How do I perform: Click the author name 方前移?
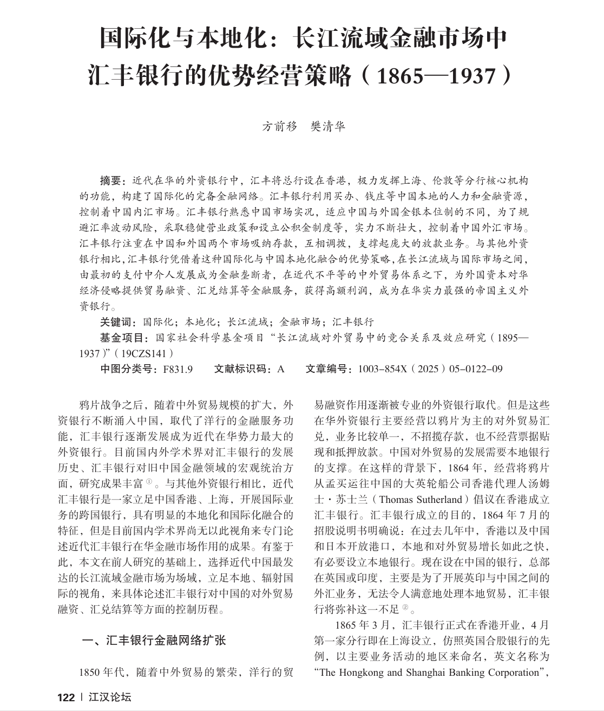[280, 126]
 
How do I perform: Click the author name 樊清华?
[327, 126]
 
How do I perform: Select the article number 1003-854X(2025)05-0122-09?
[430, 369]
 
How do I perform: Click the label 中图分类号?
[128, 369]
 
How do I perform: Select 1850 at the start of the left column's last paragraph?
[90, 673]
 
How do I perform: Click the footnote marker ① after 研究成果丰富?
[149, 480]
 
